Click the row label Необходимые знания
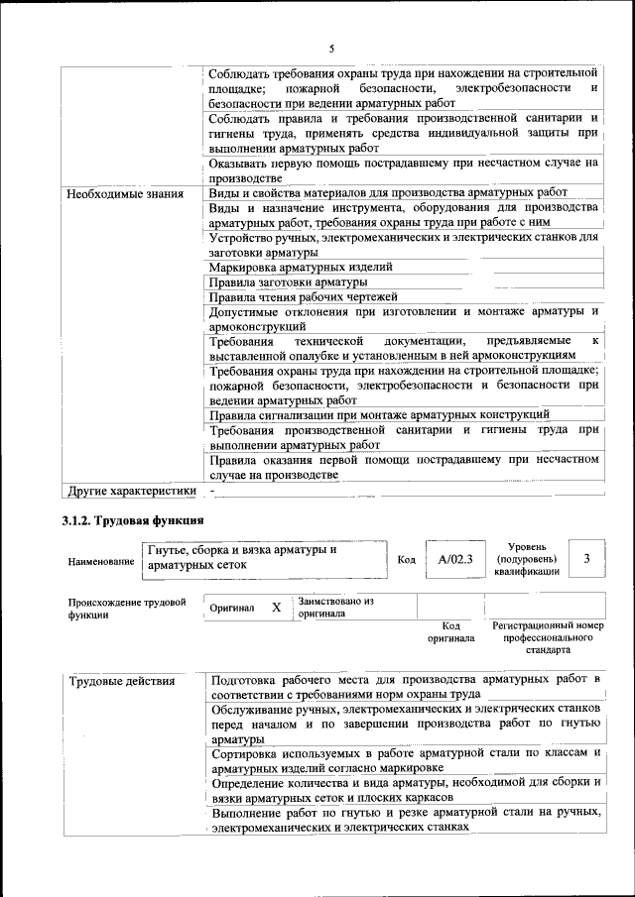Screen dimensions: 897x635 pos(125,193)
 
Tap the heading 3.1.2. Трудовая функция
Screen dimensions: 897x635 pos(133,521)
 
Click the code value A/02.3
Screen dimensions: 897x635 pos(455,559)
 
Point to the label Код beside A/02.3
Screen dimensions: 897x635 pos(406,560)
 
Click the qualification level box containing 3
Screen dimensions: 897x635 pos(586,559)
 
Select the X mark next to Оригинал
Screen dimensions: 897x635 pos(277,606)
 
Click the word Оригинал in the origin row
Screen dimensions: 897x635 pos(232,607)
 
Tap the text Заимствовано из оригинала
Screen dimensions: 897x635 pos(335,607)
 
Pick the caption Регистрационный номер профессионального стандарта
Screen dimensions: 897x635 pos(548,638)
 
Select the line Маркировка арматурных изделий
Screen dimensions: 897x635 pos(301,268)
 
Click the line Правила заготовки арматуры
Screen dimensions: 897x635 pos(288,282)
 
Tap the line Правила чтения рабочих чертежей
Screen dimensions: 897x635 pos(304,296)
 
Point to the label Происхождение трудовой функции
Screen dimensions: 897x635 pos(127,608)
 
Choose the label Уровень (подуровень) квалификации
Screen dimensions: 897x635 pos(532,559)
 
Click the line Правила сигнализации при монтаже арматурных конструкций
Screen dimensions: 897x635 pos(380,414)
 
